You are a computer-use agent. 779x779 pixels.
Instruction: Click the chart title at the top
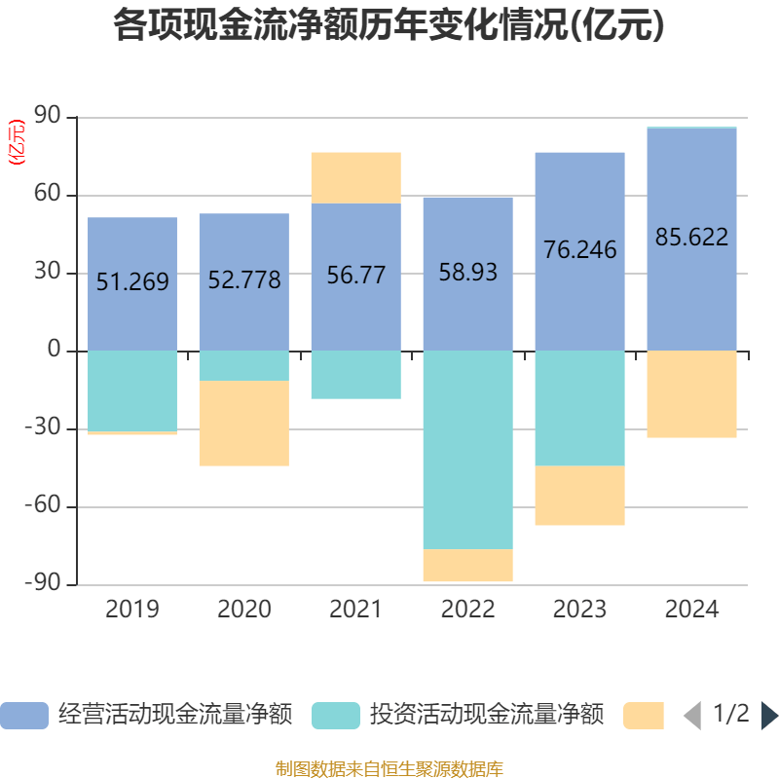coord(389,25)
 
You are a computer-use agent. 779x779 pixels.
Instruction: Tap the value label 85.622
coord(691,237)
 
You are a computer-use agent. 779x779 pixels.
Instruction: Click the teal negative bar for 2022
coord(467,448)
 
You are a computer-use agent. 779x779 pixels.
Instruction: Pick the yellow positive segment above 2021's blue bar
coord(355,177)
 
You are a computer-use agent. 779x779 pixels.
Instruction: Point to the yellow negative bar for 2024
coord(691,394)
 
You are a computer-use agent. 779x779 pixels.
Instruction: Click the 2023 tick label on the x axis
coord(579,610)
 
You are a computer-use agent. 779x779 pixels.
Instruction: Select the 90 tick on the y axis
coord(49,117)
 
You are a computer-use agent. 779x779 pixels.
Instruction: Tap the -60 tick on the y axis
coord(44,506)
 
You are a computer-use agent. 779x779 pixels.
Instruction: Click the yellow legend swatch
coord(643,716)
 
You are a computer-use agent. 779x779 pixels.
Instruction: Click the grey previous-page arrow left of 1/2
coord(691,716)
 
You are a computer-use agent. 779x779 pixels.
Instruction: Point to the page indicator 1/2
coord(730,714)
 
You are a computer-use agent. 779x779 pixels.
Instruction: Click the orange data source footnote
coord(389,768)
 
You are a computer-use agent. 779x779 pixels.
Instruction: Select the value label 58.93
coord(467,273)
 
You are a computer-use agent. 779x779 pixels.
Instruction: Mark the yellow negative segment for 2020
coord(243,424)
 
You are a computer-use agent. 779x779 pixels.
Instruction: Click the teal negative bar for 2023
coord(579,408)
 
